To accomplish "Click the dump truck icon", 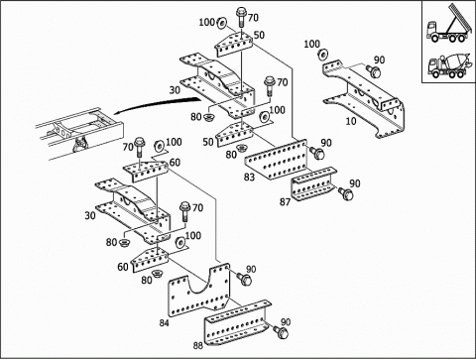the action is click(x=449, y=24).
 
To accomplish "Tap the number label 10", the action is click(x=351, y=121).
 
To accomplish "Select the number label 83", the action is click(x=249, y=178).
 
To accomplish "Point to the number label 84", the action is click(x=165, y=322).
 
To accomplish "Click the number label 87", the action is click(x=285, y=201).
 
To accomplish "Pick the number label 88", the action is click(x=198, y=346).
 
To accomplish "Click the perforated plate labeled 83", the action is click(x=276, y=160).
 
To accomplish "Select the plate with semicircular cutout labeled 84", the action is click(x=198, y=291).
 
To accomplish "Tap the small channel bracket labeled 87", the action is click(x=313, y=184).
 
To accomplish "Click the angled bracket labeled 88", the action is click(x=237, y=323).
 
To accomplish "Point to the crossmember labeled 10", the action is click(x=364, y=99).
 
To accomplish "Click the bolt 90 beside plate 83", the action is click(x=317, y=153).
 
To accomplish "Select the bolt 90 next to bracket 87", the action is click(x=346, y=194).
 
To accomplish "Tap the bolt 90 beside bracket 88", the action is click(x=282, y=332).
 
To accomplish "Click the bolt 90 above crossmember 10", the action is click(x=373, y=71).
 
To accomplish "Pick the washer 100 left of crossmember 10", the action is click(x=322, y=55).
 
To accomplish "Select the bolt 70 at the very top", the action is click(x=241, y=17).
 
